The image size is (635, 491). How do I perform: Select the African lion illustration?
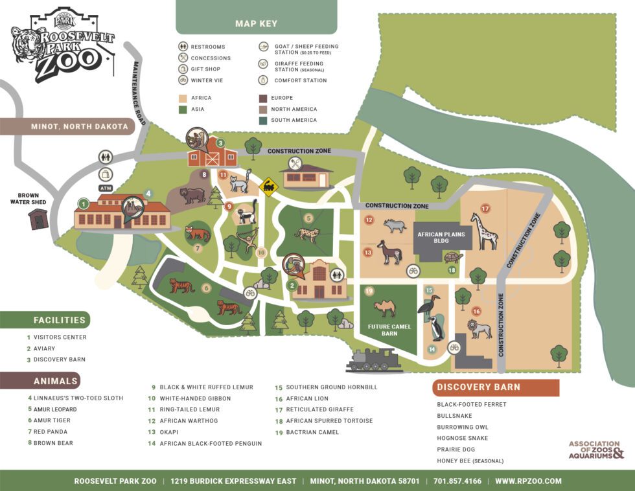(x=479, y=329)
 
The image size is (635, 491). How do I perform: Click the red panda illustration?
(x=198, y=233)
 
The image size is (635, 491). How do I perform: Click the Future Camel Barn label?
(x=389, y=330)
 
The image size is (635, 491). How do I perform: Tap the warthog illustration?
(x=394, y=225)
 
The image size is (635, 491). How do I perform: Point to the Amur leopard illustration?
(x=306, y=233)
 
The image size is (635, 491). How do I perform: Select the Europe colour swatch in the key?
(x=264, y=98)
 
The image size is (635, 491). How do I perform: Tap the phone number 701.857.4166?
(x=458, y=481)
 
